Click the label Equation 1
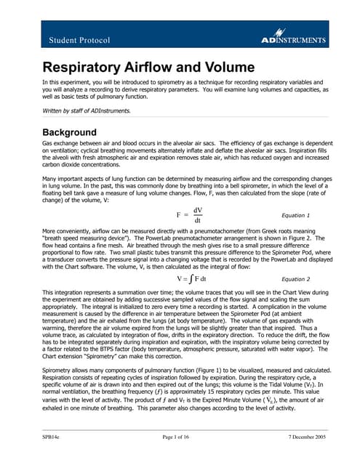click(x=295, y=195)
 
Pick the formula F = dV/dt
click(x=190, y=195)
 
